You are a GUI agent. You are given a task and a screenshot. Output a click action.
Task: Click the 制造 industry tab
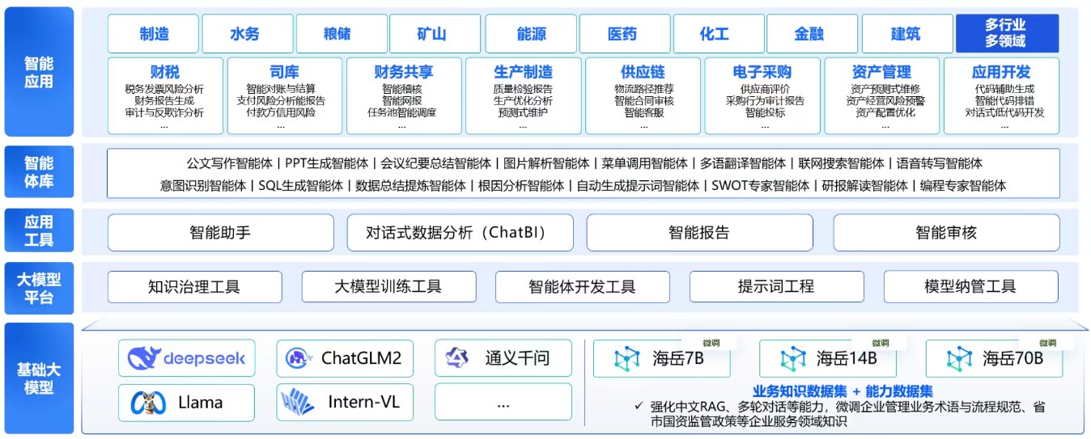tap(154, 34)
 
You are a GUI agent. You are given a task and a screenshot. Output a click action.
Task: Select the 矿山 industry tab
tap(431, 34)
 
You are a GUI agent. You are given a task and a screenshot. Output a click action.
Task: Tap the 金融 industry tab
tap(809, 34)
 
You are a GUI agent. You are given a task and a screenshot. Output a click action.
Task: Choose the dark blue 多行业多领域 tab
tap(1006, 33)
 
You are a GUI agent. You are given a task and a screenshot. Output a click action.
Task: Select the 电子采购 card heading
tap(762, 72)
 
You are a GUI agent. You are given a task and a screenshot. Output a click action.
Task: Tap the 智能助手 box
tap(220, 233)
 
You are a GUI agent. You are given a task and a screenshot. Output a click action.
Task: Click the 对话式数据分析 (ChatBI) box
tap(460, 233)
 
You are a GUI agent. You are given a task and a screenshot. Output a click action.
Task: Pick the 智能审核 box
tap(946, 233)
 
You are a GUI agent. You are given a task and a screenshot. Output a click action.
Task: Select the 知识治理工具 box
tap(194, 287)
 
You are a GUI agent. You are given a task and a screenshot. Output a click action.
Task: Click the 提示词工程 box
tap(775, 287)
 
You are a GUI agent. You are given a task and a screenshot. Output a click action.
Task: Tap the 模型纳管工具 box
tap(970, 287)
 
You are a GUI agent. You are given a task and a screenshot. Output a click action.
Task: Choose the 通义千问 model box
tap(502, 358)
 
